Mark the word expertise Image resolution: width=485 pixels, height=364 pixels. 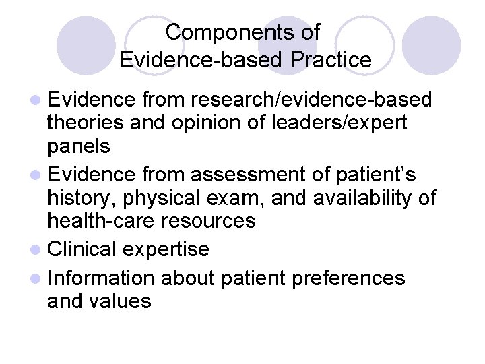(166, 249)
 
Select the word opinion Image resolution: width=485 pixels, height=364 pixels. (224, 124)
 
